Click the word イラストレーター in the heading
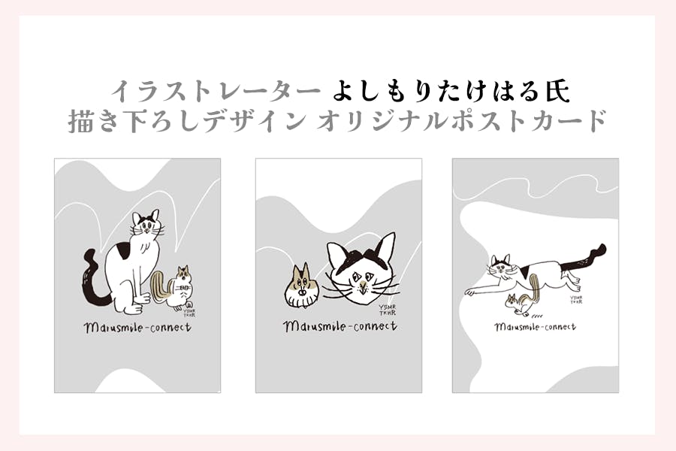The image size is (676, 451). [216, 92]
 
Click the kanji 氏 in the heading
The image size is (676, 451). [558, 92]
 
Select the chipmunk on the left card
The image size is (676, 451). [174, 287]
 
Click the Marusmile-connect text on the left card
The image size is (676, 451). [137, 328]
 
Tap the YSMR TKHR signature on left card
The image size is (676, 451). [189, 313]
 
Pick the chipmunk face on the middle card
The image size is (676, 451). [302, 287]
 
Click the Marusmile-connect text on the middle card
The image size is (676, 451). [340, 326]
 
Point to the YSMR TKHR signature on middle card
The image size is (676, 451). [387, 310]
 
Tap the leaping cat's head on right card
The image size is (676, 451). [502, 266]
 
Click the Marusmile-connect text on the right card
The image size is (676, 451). [535, 327]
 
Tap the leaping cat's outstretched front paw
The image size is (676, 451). [470, 292]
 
